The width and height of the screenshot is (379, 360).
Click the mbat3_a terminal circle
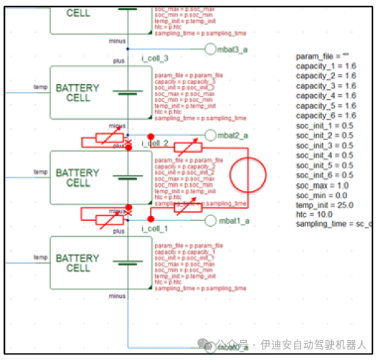pyautogui.click(x=210, y=48)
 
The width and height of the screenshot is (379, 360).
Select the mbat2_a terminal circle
pyautogui.click(x=210, y=135)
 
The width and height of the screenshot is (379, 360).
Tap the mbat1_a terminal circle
pyautogui.click(x=210, y=221)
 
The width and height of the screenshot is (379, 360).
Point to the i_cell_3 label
pyautogui.click(x=156, y=58)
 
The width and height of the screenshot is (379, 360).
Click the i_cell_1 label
pyautogui.click(x=154, y=228)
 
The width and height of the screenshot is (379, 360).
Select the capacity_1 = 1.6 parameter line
pyautogui.click(x=326, y=66)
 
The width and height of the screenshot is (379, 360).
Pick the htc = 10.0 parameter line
pyautogui.click(x=315, y=215)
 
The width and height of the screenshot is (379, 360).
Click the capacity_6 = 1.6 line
pyautogui.click(x=326, y=115)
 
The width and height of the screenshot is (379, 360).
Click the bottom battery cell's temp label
pyautogui.click(x=41, y=257)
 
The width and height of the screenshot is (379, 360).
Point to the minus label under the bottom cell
pyautogui.click(x=117, y=295)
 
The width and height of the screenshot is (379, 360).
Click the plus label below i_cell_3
pyautogui.click(x=118, y=62)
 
